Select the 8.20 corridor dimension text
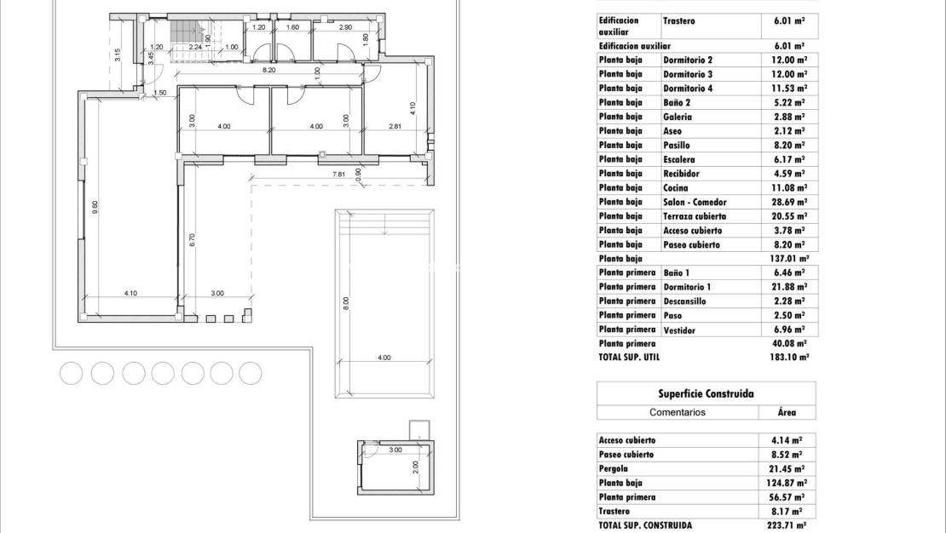pos(268,71)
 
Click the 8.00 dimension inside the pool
pos(346,303)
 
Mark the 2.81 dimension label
pos(395,127)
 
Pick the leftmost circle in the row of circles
pos(72,373)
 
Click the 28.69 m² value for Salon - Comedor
pos(788,203)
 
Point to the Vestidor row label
pos(679,330)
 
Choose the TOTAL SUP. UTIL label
pos(629,358)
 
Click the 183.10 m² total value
pos(787,358)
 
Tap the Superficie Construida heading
pos(706,394)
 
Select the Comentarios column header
pos(678,412)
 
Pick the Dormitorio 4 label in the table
pos(687,89)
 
